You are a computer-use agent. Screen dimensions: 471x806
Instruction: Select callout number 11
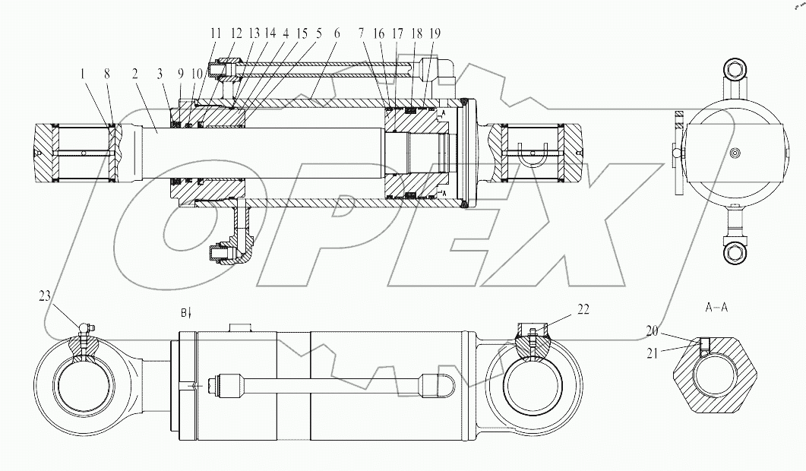click(x=217, y=33)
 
